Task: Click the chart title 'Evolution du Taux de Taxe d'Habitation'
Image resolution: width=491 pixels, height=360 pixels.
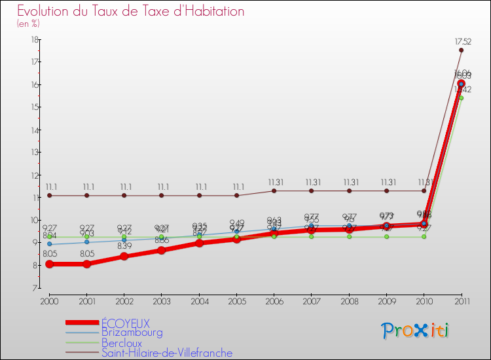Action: pos(130,11)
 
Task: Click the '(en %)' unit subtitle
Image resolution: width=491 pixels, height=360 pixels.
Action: pos(28,24)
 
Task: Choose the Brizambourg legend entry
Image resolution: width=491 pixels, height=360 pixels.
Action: pos(132,333)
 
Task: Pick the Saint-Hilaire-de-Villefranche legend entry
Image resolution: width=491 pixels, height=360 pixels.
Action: pos(166,353)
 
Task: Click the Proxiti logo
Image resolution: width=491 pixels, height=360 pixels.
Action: pos(415,331)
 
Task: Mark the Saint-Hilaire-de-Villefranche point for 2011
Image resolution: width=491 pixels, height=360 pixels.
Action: pos(462,50)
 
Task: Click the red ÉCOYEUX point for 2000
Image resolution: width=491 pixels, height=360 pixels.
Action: pos(49,264)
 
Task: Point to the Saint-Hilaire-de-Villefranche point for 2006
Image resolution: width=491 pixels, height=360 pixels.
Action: pos(274,190)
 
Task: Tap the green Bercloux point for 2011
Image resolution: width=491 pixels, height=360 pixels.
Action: pos(462,98)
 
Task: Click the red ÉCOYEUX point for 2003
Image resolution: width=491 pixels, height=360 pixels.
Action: pos(162,250)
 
